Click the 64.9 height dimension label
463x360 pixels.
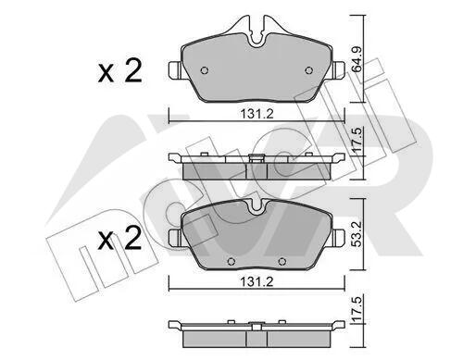pos(357,59)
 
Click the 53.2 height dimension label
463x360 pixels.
pos(357,233)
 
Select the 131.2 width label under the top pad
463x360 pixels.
pos(257,115)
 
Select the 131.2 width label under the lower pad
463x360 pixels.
pos(257,281)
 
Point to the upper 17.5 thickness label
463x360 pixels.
pos(357,141)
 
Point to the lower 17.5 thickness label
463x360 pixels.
pos(357,308)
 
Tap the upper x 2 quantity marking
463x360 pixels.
pos(119,71)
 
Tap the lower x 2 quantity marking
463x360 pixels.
pos(119,238)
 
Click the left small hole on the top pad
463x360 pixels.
pos(204,70)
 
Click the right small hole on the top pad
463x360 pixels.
pos(308,70)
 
